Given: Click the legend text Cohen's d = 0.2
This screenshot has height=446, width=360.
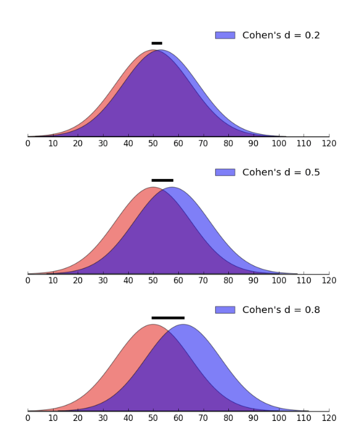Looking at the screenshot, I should tap(281, 35).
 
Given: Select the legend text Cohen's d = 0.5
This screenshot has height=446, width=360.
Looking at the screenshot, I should tap(281, 172).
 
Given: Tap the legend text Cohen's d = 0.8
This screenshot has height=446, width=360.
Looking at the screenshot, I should tap(281, 310).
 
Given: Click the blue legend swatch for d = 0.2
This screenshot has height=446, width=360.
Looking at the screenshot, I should tap(225, 35).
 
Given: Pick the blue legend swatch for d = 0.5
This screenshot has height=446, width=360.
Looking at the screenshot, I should tap(225, 172).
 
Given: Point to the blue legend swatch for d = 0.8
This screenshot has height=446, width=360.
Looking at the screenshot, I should tap(225, 310).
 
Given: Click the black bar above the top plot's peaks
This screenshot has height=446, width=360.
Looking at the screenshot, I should tap(157, 43).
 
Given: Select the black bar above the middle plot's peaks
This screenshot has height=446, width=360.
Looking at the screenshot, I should tap(162, 180).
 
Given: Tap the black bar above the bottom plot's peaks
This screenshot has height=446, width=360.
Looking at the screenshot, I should tap(168, 318).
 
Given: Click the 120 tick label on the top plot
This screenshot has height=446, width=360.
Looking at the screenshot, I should tap(328, 144).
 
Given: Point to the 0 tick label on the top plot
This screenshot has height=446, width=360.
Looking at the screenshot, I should tap(28, 144).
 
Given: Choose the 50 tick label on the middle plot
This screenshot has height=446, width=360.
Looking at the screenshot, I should tap(153, 281).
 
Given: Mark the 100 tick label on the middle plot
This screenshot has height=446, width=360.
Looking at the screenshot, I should tap(278, 281).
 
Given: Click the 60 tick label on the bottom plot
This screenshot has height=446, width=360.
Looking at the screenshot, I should tap(178, 418).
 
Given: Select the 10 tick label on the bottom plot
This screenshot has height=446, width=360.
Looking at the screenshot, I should tap(53, 418).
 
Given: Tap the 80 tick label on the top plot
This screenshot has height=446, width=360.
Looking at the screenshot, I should tap(228, 144).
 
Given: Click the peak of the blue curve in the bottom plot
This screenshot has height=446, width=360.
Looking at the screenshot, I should tap(183, 325).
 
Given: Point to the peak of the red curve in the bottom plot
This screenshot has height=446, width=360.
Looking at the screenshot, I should tap(153, 325).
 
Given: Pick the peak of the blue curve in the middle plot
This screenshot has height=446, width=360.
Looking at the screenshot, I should tap(172, 188).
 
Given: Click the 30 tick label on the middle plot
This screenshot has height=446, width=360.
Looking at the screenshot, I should tap(103, 281).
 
